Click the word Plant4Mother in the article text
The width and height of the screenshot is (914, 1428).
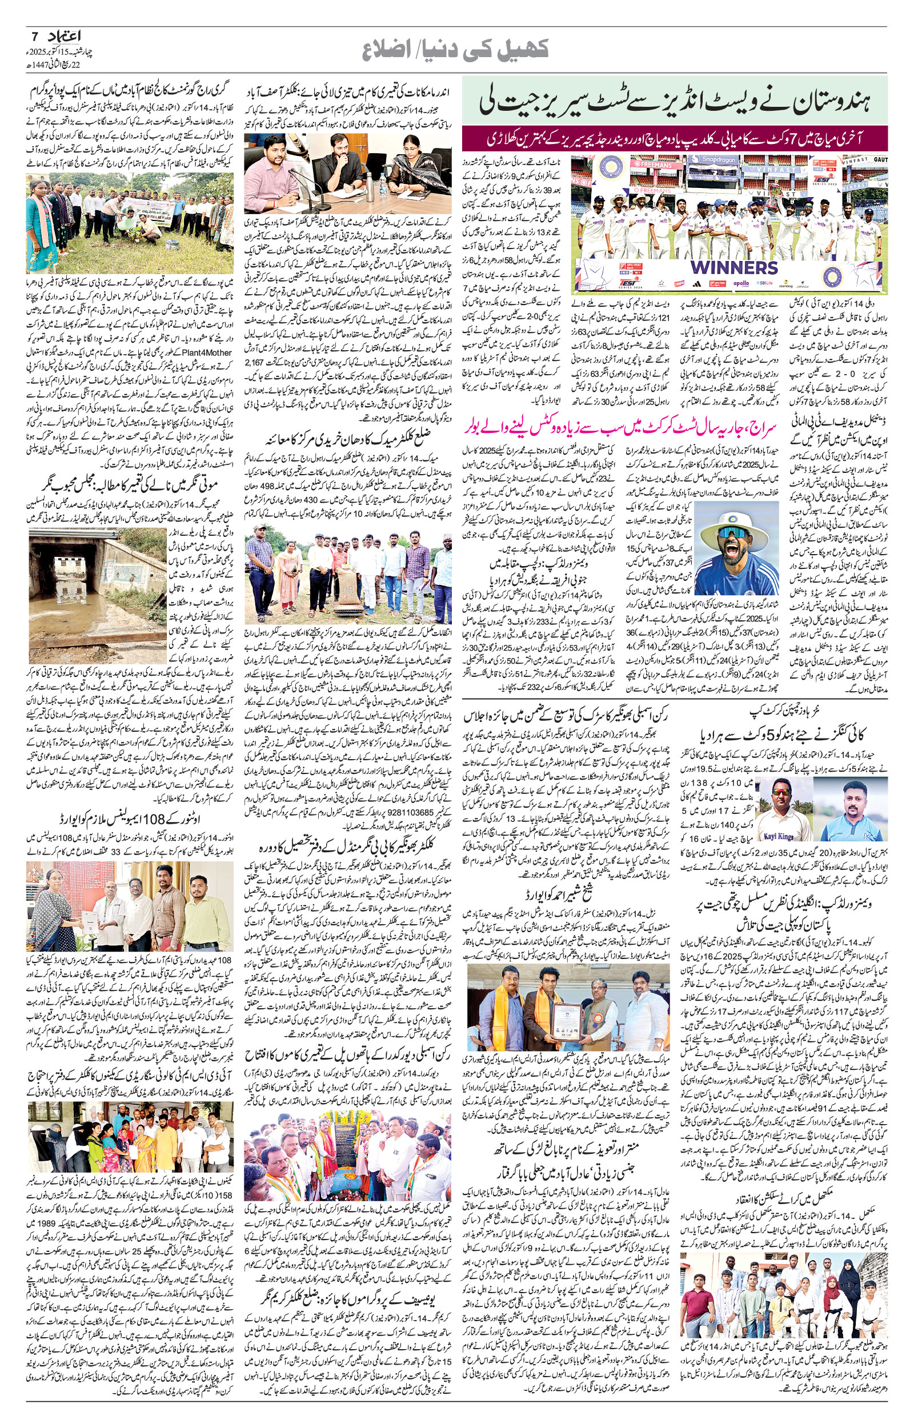204,352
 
